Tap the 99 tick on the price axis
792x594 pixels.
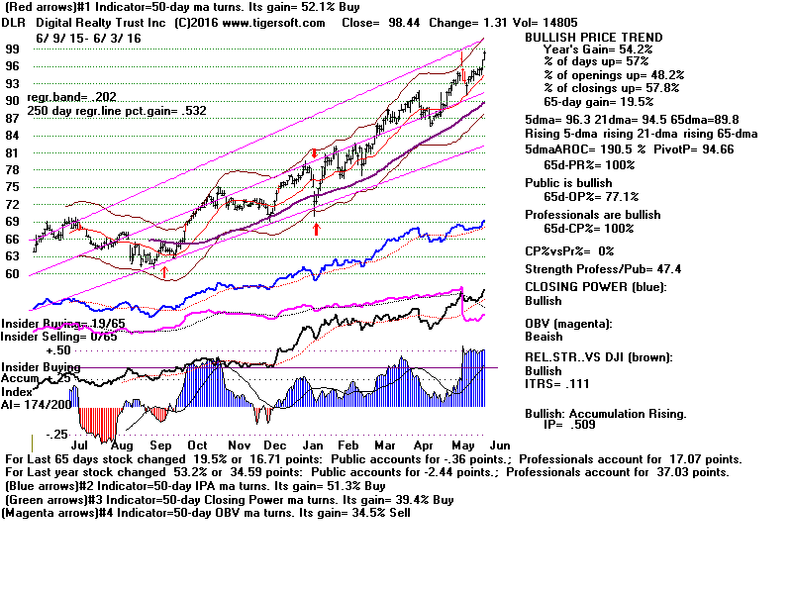14,48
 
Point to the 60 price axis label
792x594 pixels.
14,274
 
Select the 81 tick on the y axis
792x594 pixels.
14,152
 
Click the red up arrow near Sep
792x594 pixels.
164,271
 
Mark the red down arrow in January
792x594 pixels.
314,153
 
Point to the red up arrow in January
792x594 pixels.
316,229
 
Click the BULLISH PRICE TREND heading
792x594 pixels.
593,38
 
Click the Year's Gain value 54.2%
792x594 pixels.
626,49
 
